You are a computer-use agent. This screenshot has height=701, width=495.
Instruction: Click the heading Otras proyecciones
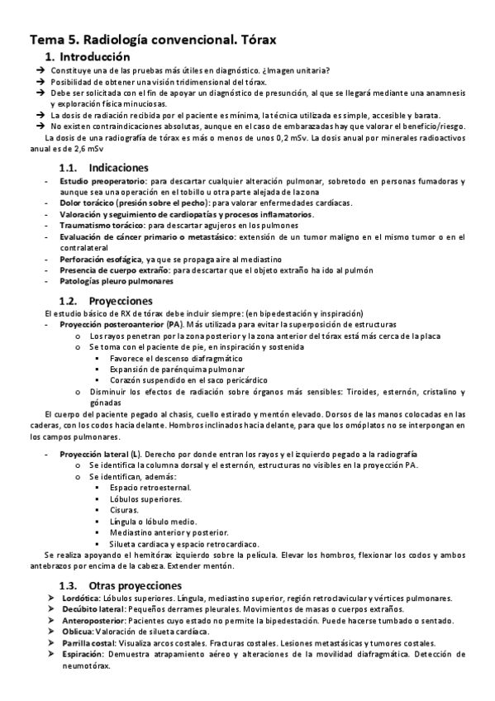135,585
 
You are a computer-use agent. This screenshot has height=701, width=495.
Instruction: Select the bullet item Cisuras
123,511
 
